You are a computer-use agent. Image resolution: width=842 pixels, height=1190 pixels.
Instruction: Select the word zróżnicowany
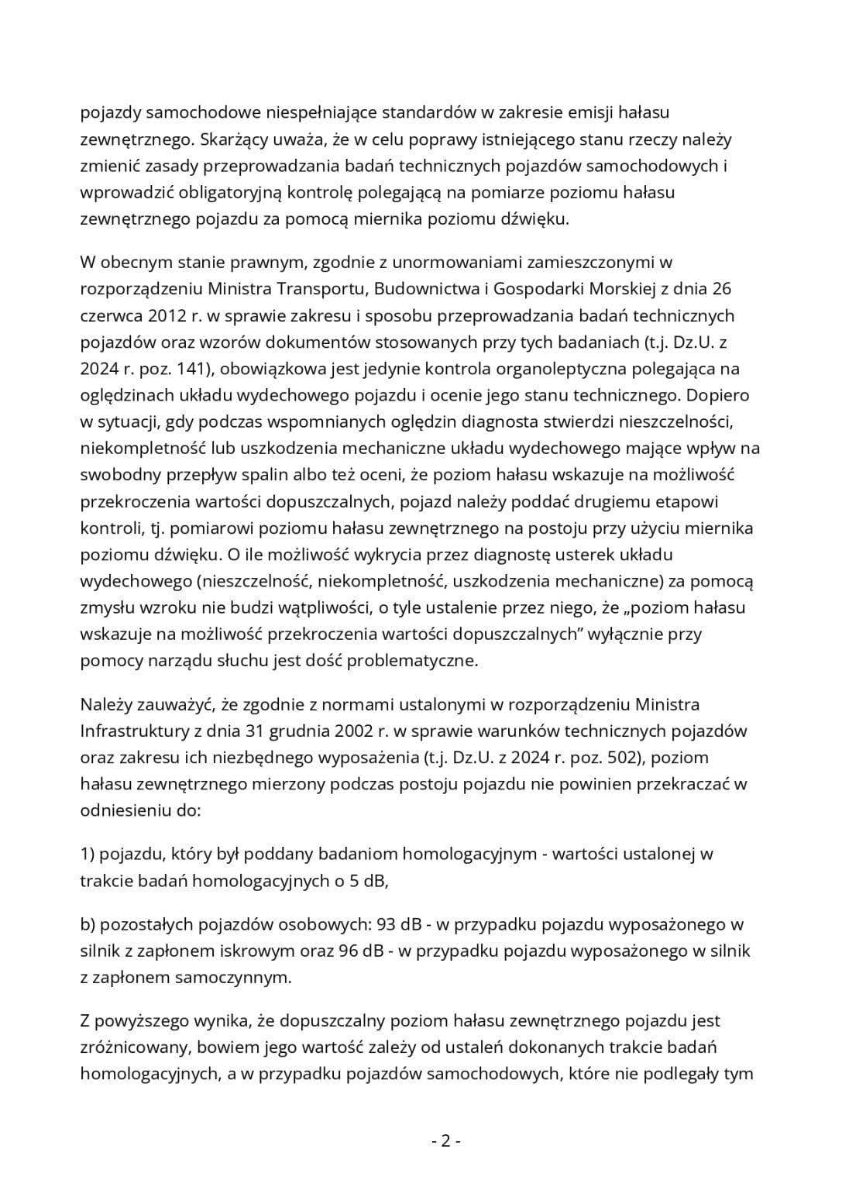tap(135, 1047)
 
